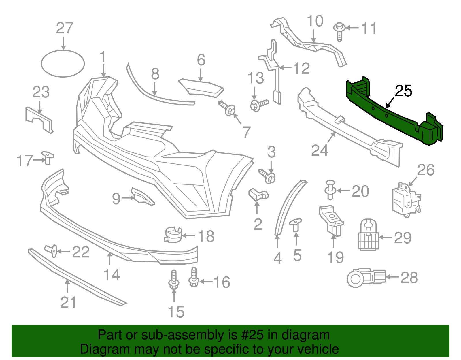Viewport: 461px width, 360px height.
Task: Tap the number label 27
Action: click(x=65, y=28)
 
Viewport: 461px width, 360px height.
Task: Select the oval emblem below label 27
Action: click(x=63, y=64)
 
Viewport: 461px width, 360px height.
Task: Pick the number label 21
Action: click(x=68, y=303)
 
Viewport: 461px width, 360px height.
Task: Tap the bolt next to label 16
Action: click(x=194, y=277)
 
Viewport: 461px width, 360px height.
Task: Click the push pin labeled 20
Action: click(x=330, y=189)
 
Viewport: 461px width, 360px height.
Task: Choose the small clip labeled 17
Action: click(x=48, y=157)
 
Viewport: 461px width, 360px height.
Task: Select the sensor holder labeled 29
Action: click(x=368, y=235)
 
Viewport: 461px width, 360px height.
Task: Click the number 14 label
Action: click(x=112, y=275)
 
